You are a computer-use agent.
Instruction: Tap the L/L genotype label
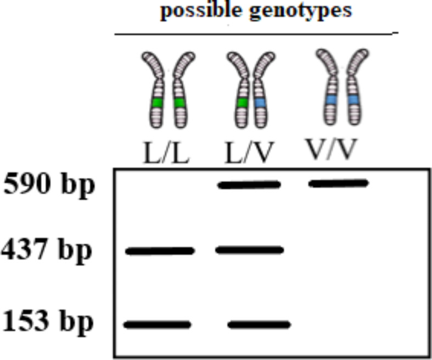pyautogui.click(x=166, y=155)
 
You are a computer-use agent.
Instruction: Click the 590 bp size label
pyautogui.click(x=49, y=185)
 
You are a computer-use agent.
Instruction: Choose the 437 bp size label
pyautogui.click(x=46, y=252)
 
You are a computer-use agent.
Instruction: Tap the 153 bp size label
pyautogui.click(x=47, y=322)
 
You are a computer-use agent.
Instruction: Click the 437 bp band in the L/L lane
pyautogui.click(x=160, y=251)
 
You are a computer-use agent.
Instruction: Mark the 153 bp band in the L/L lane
pyautogui.click(x=158, y=324)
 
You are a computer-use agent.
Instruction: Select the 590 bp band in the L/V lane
pyautogui.click(x=249, y=185)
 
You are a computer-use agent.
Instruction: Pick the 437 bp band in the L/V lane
pyautogui.click(x=250, y=250)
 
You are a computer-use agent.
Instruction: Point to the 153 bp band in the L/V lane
pyautogui.click(x=259, y=324)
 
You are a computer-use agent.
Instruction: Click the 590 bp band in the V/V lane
pyautogui.click(x=338, y=183)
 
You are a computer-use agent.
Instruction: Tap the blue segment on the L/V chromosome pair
pyautogui.click(x=260, y=103)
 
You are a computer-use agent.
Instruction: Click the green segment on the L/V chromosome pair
pyautogui.click(x=242, y=103)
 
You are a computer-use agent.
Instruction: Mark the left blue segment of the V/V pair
pyautogui.click(x=330, y=99)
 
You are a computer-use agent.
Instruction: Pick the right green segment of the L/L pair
pyautogui.click(x=179, y=103)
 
